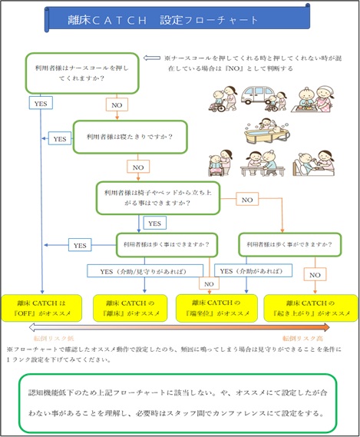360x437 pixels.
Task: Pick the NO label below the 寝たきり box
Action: coord(137,165)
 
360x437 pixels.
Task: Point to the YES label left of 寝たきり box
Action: coord(59,139)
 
